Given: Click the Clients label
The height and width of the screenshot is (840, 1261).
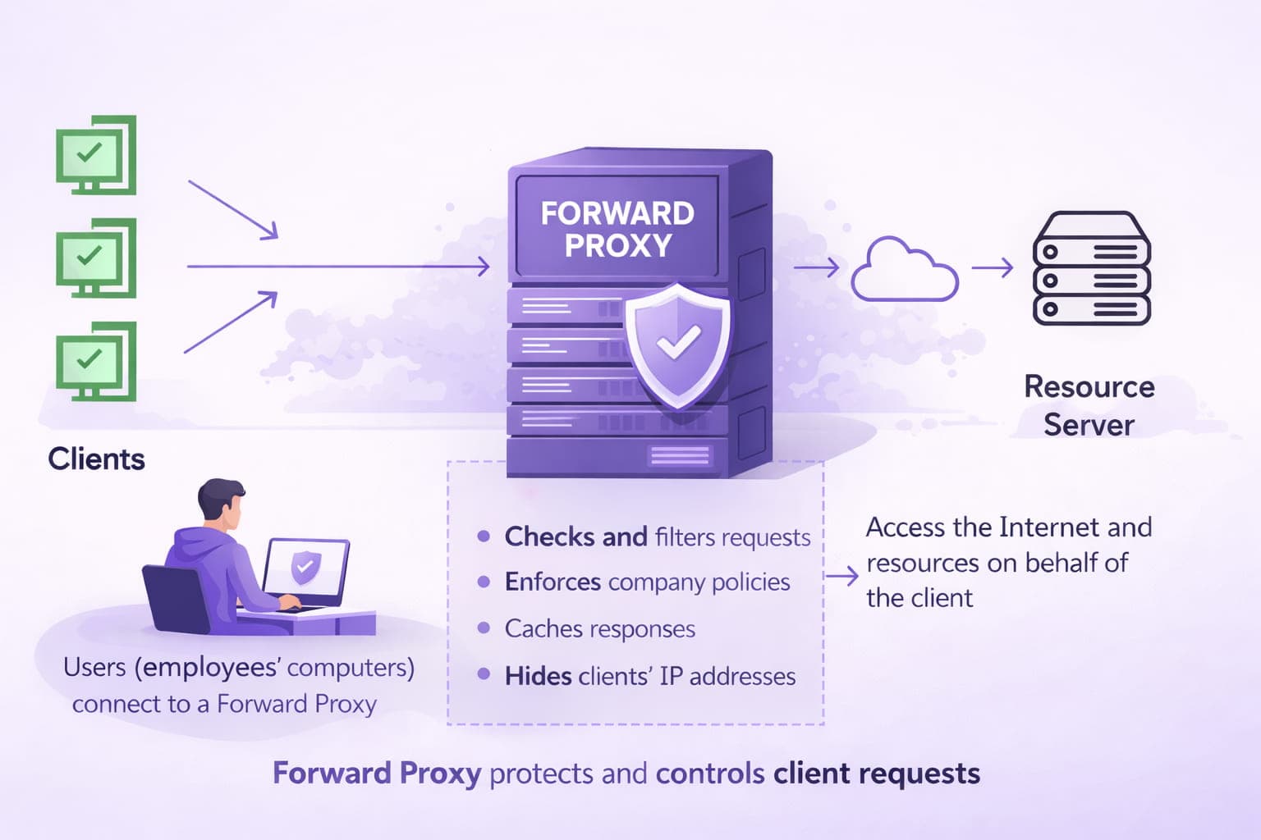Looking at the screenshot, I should coord(96,459).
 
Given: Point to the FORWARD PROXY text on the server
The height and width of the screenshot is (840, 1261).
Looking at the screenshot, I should coord(617,229).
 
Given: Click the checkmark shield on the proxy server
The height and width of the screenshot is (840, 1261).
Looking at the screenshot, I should coord(677,345).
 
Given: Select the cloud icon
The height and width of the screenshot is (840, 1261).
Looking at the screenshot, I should coord(904,271).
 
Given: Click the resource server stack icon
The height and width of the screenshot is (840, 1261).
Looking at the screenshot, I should coord(1091,269).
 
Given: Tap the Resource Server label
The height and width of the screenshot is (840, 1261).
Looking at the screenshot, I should coord(1089,405).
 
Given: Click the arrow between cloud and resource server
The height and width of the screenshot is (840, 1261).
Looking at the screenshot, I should coord(993,267).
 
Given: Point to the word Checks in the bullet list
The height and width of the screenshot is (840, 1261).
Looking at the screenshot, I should coord(550,536).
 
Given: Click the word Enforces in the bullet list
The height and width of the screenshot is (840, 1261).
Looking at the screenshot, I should coord(553,582).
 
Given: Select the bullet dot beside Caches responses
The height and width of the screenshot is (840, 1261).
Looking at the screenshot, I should coord(484,628).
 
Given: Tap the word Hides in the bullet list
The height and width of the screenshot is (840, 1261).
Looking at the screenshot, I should coord(538,676).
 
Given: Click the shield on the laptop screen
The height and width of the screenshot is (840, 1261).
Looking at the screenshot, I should coord(305,567).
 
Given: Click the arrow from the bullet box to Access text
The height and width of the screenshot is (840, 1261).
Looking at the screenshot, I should coord(841,577).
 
